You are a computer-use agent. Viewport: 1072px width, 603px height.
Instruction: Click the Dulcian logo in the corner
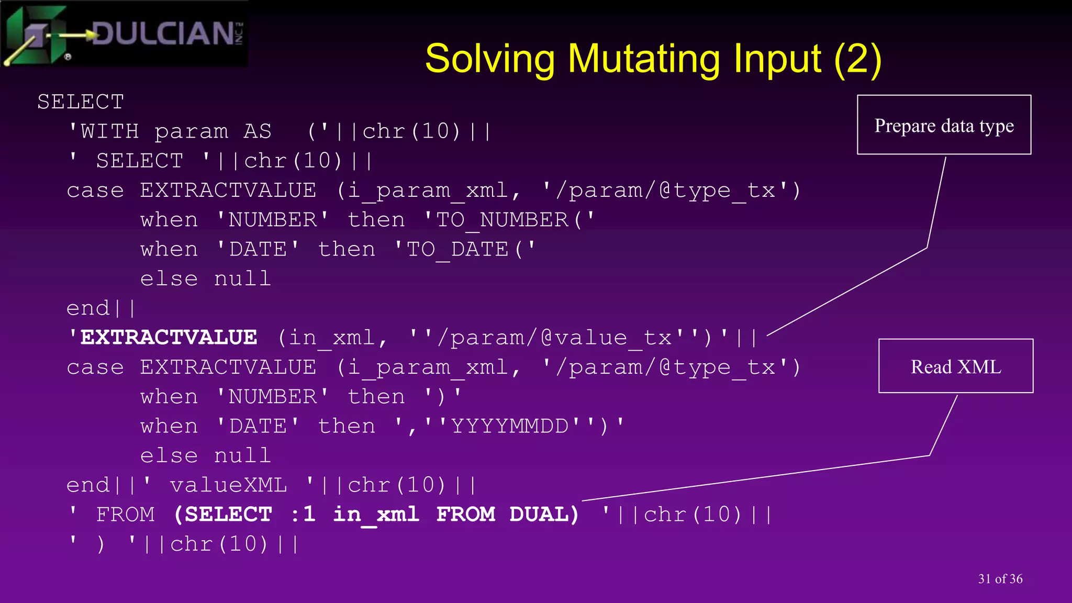click(x=125, y=35)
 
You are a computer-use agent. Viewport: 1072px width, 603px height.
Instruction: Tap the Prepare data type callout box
click(x=944, y=125)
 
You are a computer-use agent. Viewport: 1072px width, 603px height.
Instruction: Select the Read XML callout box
click(x=955, y=366)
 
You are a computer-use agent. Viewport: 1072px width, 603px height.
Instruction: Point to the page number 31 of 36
click(x=1000, y=578)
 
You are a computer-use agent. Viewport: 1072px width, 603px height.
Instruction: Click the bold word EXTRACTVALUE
click(x=169, y=338)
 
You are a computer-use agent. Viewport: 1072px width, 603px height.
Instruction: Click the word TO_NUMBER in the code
click(x=502, y=220)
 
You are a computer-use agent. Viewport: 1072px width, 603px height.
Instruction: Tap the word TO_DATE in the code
click(x=457, y=249)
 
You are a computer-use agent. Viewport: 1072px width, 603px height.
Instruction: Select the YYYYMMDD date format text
click(x=509, y=426)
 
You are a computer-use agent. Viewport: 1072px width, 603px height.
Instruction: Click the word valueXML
click(x=229, y=485)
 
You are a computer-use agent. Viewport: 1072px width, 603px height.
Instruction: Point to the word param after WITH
click(x=192, y=131)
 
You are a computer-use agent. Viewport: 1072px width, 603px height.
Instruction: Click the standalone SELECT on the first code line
click(x=81, y=102)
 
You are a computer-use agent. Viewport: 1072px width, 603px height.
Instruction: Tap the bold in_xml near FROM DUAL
click(x=376, y=515)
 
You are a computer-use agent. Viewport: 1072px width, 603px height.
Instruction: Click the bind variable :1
click(x=303, y=515)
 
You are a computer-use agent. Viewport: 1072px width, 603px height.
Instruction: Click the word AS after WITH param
click(x=258, y=131)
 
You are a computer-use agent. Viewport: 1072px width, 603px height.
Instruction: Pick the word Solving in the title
click(x=490, y=59)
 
